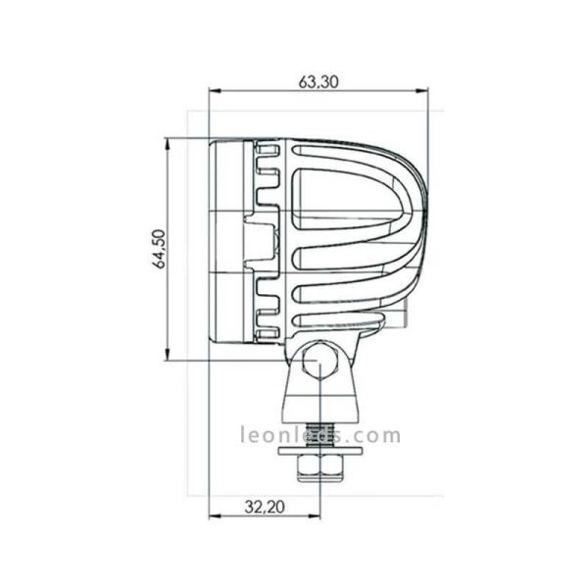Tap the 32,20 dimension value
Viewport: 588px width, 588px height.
click(x=263, y=508)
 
